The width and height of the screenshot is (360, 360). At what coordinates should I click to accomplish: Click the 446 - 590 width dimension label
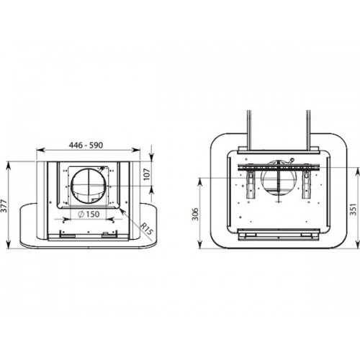coord(86,145)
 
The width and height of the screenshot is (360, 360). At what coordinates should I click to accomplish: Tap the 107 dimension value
coord(147,174)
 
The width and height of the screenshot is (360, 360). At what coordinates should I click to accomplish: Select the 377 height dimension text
coord(4,205)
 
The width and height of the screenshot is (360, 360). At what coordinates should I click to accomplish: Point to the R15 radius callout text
coord(146,229)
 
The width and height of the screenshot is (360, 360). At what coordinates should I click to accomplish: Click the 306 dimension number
coord(196,214)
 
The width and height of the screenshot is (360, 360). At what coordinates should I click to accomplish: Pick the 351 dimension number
coord(353,210)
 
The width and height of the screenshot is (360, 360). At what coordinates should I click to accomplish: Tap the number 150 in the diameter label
coord(92,214)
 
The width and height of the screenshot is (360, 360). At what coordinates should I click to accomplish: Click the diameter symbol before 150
coord(81,214)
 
